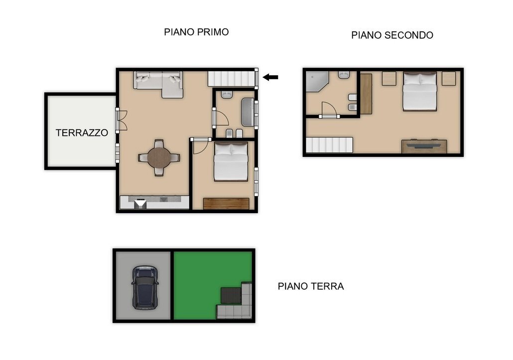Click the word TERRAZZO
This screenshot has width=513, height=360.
82,133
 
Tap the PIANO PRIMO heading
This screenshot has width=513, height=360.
196,32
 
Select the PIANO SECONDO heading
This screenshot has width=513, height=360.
392,35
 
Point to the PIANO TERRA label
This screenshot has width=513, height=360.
310,286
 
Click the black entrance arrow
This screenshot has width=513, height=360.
270,77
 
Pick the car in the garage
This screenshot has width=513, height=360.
145,286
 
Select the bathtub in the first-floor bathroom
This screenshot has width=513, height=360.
247,113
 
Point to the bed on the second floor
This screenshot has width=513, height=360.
419,92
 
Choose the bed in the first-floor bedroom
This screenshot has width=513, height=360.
231,161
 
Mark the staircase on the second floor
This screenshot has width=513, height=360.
329,145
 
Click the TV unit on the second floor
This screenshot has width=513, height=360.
424,146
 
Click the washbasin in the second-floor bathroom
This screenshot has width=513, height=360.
344,75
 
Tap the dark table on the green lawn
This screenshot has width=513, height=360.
231,295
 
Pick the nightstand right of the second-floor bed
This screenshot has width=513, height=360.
449,78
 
